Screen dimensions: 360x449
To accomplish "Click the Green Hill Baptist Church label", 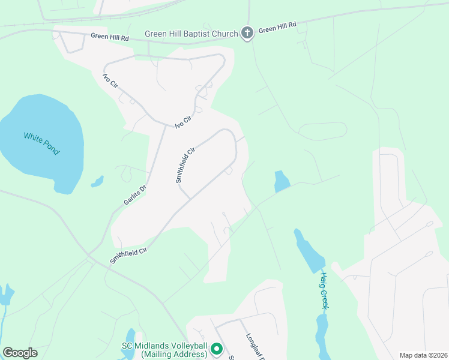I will click(191, 34).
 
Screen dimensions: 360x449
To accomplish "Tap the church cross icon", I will click(247, 32).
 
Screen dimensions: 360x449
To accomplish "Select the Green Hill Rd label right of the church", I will click(278, 28).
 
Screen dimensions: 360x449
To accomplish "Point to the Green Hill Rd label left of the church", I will click(110, 36).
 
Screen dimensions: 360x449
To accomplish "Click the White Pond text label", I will click(41, 144).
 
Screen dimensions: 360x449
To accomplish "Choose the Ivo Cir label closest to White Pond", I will click(109, 82).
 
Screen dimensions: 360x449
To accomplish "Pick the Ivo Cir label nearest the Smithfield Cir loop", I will click(182, 121).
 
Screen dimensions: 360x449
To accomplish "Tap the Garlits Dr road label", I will click(135, 196).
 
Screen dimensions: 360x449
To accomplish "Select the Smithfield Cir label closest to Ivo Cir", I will click(185, 166).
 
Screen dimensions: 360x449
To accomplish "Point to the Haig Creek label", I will click(324, 291).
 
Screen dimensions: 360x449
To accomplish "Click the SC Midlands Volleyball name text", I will click(164, 346).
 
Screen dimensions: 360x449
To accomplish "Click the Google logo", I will click(20, 353).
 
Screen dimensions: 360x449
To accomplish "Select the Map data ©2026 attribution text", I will click(423, 355).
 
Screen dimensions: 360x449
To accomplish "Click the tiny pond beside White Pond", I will click(97, 181).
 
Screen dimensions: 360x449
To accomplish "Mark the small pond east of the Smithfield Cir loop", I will click(281, 181).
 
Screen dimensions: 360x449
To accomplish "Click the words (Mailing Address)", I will click(174, 355).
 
